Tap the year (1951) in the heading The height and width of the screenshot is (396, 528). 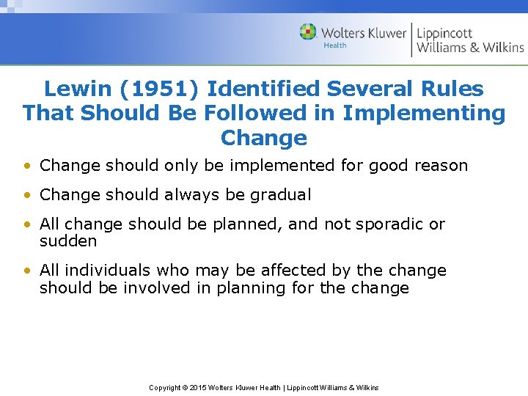[x=153, y=89]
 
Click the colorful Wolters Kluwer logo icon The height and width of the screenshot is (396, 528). [x=308, y=32]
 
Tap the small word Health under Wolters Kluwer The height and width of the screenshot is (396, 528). [x=334, y=45]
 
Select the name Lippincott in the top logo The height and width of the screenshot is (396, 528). [x=444, y=33]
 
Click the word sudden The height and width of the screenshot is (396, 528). [x=68, y=241]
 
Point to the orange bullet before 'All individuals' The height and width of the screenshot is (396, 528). [x=26, y=271]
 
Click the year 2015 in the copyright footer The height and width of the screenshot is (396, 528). [x=199, y=387]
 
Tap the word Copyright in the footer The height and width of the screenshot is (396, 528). [x=166, y=387]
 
